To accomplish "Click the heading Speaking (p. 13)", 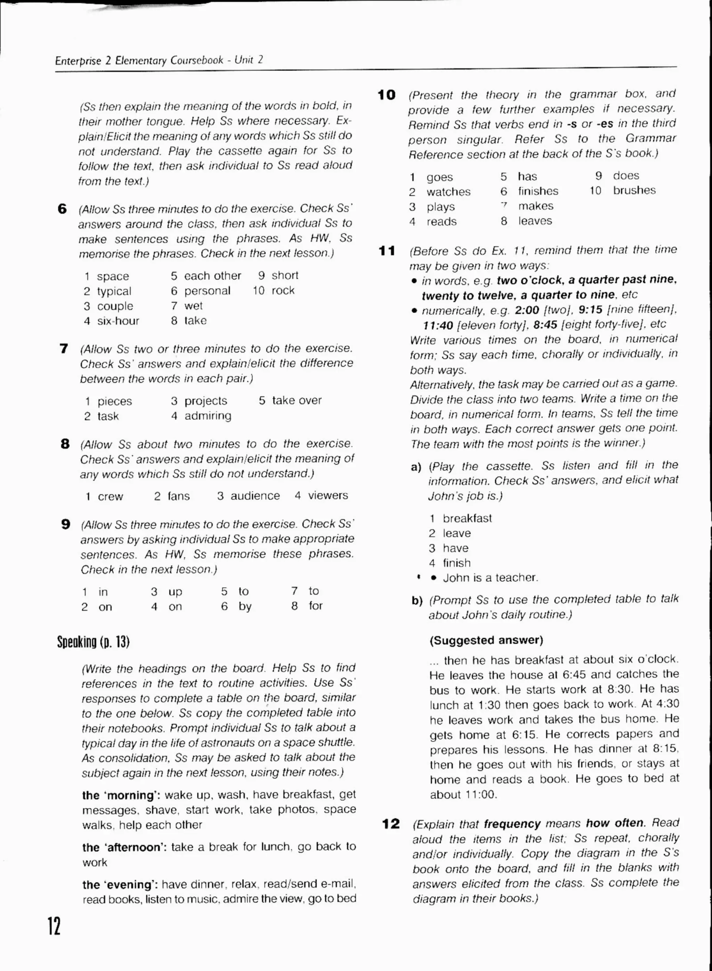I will [93, 642].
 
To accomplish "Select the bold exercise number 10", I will [386, 95].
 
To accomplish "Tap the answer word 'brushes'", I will [634, 191].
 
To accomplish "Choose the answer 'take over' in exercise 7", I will [297, 400].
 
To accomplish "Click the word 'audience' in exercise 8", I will [255, 496].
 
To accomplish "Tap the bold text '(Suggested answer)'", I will [486, 640].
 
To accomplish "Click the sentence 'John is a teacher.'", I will [490, 577].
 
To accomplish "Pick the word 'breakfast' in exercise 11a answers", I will [467, 518].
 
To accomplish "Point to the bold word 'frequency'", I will [512, 824].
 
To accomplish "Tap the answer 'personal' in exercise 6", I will [207, 291].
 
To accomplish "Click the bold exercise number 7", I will [64, 348].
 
